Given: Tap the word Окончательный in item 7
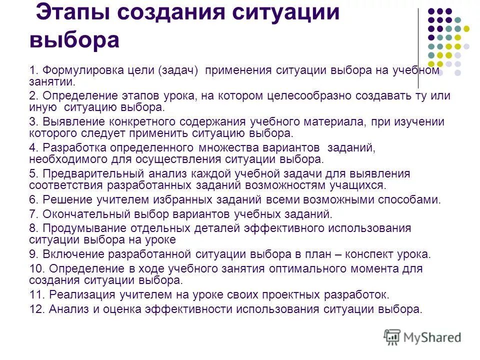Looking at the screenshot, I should pos(86,215).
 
